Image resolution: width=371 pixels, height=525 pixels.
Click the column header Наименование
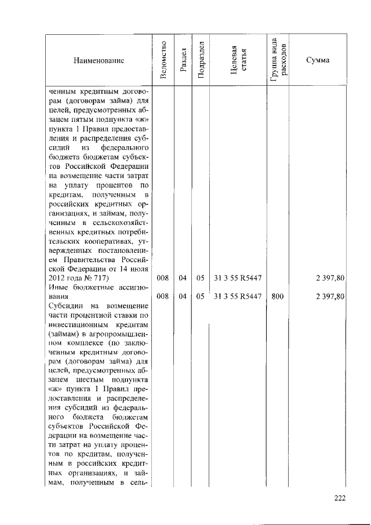(x=99, y=60)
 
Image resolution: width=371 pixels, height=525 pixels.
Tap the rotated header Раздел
(x=183, y=60)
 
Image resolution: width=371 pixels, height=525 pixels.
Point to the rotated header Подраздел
(x=201, y=60)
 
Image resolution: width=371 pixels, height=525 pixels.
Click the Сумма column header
(x=318, y=60)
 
